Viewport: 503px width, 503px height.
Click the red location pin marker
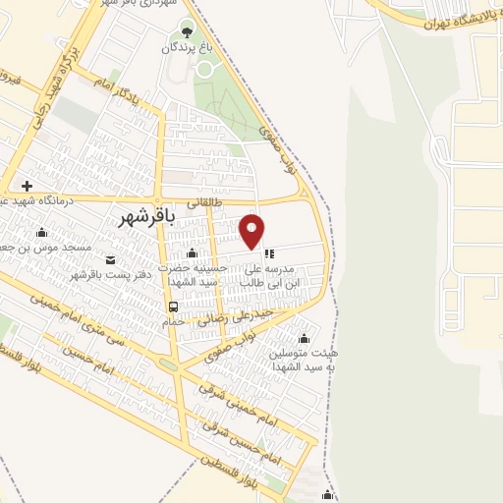[x=253, y=230]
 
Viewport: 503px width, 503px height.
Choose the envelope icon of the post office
[x=110, y=259]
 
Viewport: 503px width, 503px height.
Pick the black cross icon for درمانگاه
[x=27, y=186]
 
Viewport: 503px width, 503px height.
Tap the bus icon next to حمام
[x=173, y=306]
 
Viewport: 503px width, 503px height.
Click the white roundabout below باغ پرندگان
[x=205, y=69]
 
